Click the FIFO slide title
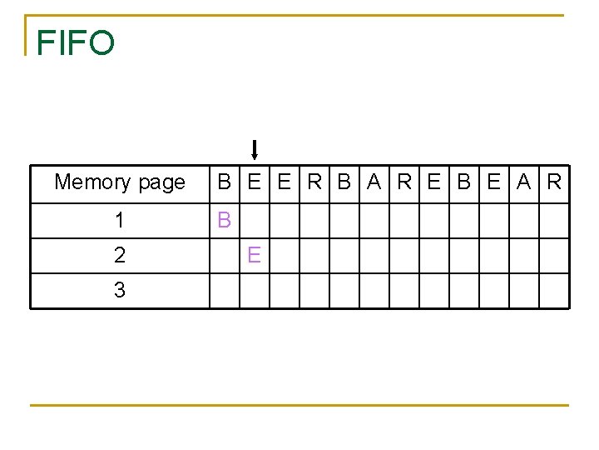(75, 43)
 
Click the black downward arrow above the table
(255, 150)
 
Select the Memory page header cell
(120, 182)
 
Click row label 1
(120, 221)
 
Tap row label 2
(120, 256)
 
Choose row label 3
(120, 291)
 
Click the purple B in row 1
(224, 221)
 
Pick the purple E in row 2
(254, 256)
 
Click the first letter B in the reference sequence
(224, 182)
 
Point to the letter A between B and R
(374, 182)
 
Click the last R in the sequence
(554, 182)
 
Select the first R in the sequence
(314, 182)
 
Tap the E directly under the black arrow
(255, 182)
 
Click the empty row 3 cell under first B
(224, 291)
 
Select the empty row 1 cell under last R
(554, 221)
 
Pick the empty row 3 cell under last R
(554, 291)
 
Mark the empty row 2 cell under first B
(224, 256)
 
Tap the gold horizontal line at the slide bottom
(299, 405)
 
